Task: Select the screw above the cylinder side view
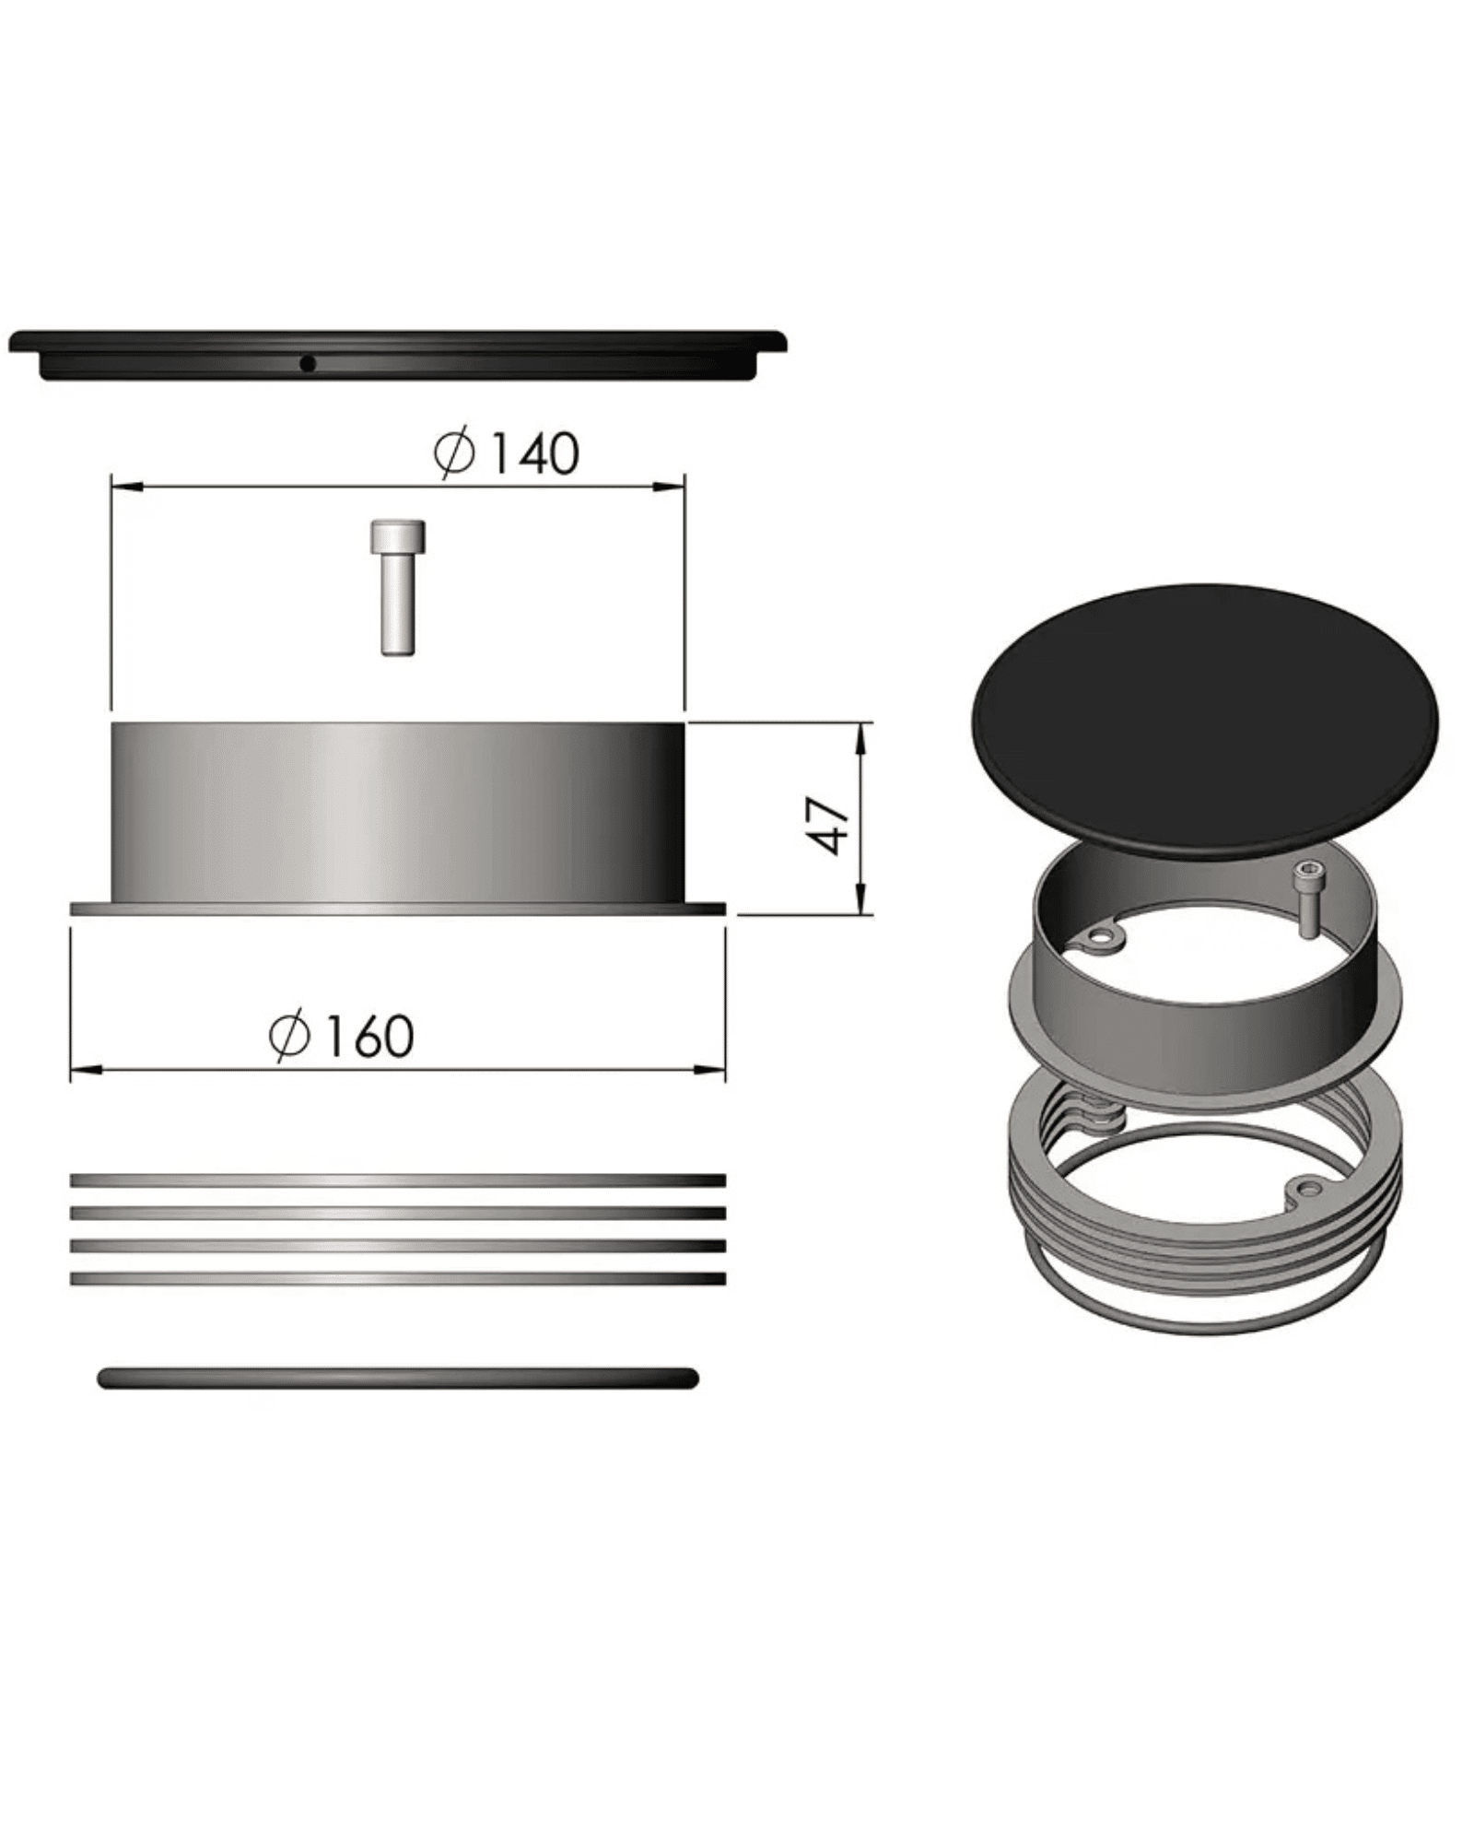point(397,587)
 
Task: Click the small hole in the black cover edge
point(308,364)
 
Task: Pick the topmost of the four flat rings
point(397,1180)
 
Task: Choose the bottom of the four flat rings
point(397,1279)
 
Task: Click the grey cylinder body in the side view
point(397,812)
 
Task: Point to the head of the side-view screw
point(397,536)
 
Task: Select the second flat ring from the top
point(397,1213)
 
